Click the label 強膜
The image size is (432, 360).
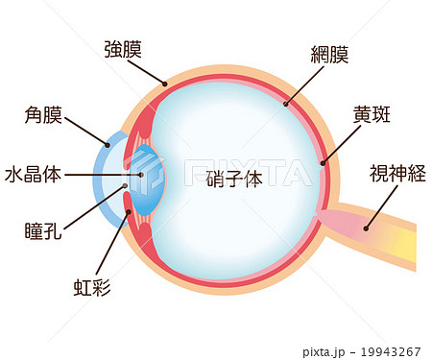tap(125, 49)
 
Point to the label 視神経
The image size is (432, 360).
tap(396, 174)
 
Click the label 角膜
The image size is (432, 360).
tap(43, 117)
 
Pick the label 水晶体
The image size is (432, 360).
tap(34, 175)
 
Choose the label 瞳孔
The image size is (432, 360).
tap(43, 230)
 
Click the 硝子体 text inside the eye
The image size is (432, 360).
tap(234, 180)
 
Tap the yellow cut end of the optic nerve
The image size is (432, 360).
tap(407, 245)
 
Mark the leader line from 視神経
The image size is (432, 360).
tap(380, 207)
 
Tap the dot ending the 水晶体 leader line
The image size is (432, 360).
tap(140, 175)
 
